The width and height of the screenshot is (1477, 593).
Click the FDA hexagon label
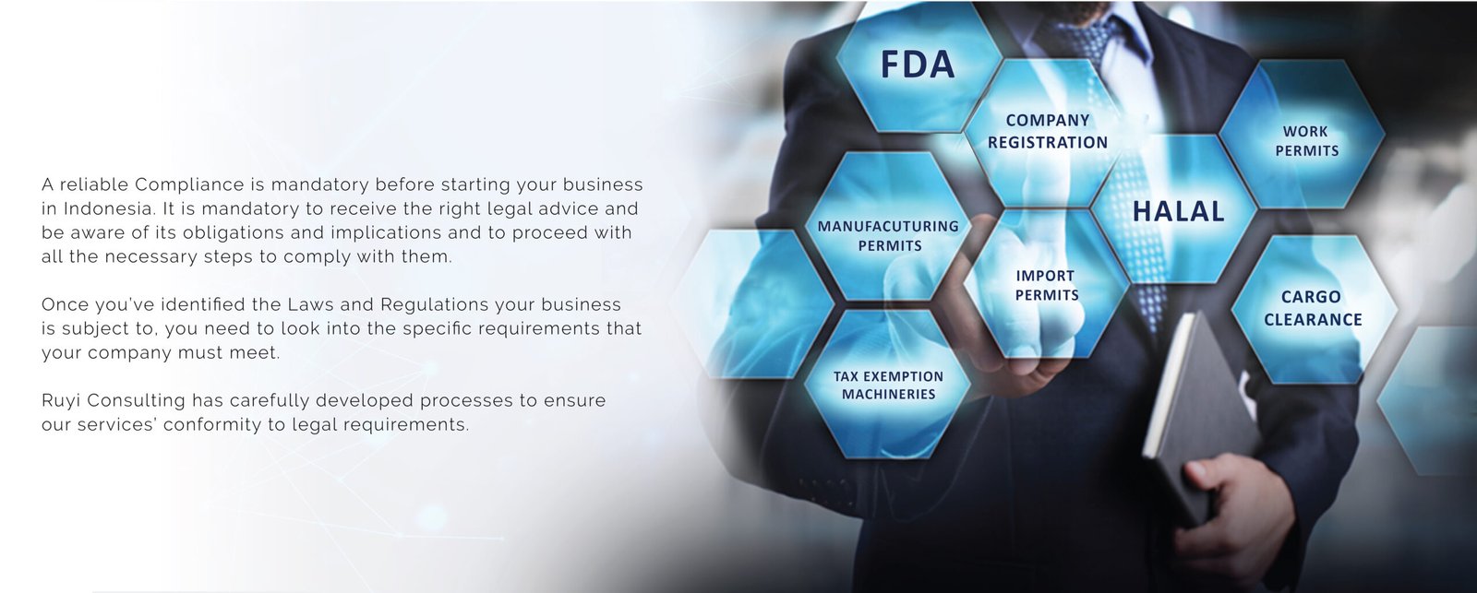[918, 65]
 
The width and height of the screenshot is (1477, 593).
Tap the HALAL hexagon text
[1178, 211]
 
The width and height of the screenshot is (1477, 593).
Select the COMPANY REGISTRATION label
[1048, 131]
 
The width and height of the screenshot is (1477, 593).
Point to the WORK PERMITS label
[1306, 141]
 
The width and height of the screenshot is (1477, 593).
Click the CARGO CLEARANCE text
[1312, 308]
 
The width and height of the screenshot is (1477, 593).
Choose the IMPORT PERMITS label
[1047, 285]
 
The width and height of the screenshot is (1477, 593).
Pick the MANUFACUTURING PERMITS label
[889, 236]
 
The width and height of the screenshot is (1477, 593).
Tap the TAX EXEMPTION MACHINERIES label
[889, 385]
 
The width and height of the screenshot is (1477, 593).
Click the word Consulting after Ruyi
[137, 401]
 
